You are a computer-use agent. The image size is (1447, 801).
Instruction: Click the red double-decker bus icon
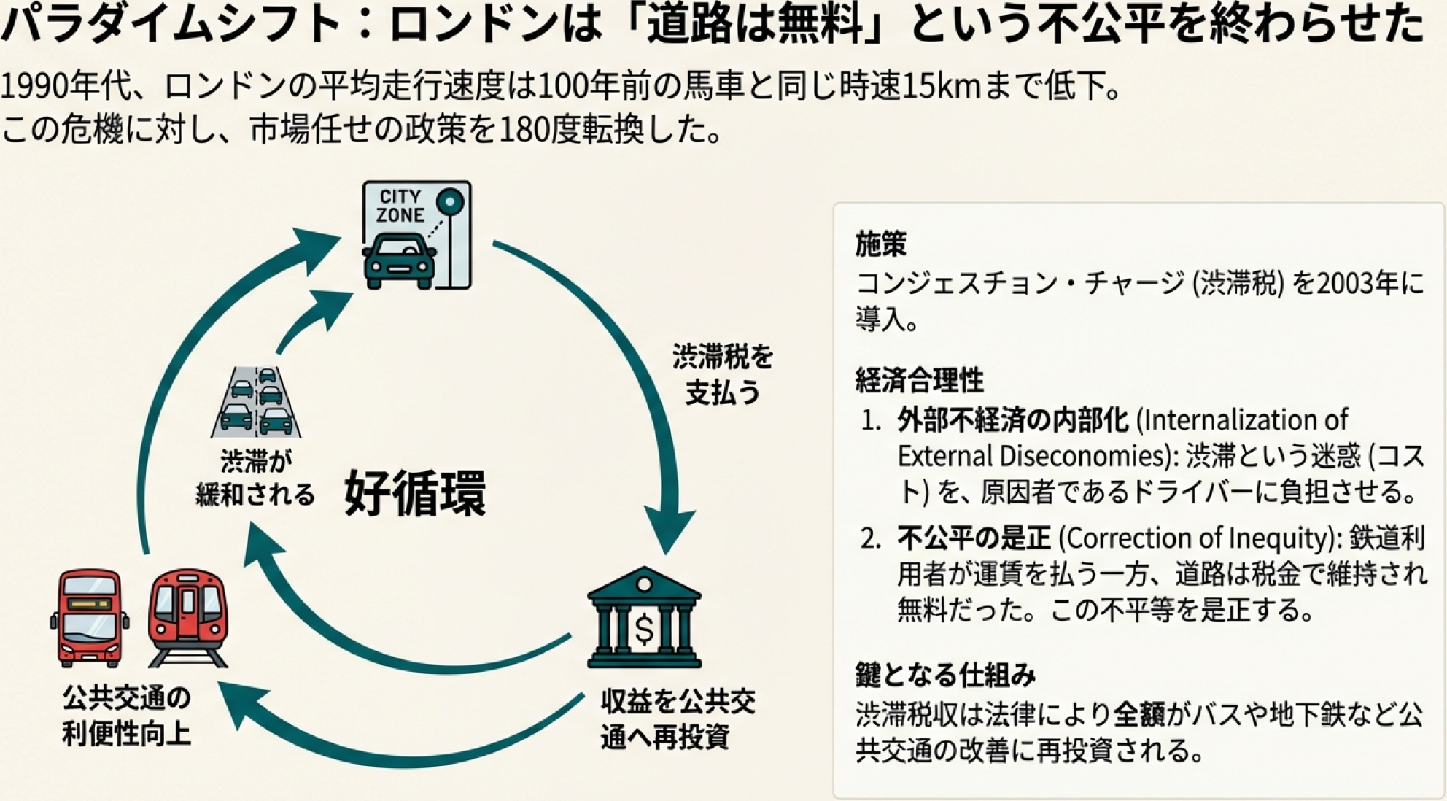[x=90, y=618]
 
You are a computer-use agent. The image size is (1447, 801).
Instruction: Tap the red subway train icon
[x=188, y=617]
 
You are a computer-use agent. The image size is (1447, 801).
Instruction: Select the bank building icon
[x=643, y=618]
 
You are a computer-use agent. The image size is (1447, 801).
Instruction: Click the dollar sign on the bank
[x=644, y=629]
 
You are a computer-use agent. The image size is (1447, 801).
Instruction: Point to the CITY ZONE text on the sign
[x=400, y=206]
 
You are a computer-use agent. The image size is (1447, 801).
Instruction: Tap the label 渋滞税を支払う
[x=722, y=375]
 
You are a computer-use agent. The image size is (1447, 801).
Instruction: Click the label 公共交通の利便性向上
[x=126, y=716]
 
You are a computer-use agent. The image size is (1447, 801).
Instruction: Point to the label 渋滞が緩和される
[x=255, y=478]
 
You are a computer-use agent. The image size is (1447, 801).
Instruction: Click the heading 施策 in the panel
[x=880, y=244]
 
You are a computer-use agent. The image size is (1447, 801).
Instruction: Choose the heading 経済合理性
[x=919, y=380]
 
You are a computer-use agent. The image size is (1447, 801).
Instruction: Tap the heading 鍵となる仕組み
[x=945, y=676]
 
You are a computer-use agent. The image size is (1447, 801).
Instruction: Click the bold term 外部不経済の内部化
[x=1012, y=420]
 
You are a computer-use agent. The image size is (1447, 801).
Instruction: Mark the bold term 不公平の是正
[x=974, y=538]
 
